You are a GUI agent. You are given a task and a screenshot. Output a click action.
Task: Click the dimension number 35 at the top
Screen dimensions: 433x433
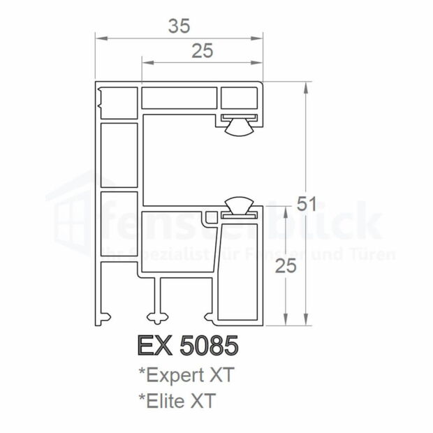[x=179, y=26]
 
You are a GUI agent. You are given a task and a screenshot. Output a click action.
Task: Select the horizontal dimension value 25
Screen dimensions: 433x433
[x=203, y=50]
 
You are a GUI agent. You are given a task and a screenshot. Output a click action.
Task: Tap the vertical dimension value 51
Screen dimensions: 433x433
[x=307, y=204]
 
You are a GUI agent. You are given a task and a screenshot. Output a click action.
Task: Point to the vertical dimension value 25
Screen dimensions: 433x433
[x=284, y=265]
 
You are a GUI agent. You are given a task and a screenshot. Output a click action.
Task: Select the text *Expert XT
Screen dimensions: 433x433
[x=186, y=375]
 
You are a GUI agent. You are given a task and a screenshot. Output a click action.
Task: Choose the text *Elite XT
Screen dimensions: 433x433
[x=177, y=401]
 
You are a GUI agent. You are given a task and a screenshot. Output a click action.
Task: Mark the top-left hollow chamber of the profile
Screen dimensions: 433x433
[x=119, y=103]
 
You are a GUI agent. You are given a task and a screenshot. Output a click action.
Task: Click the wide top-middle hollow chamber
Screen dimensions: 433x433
[x=179, y=98]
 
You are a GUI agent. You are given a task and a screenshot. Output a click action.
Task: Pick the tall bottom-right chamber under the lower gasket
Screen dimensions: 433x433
[x=237, y=272]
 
